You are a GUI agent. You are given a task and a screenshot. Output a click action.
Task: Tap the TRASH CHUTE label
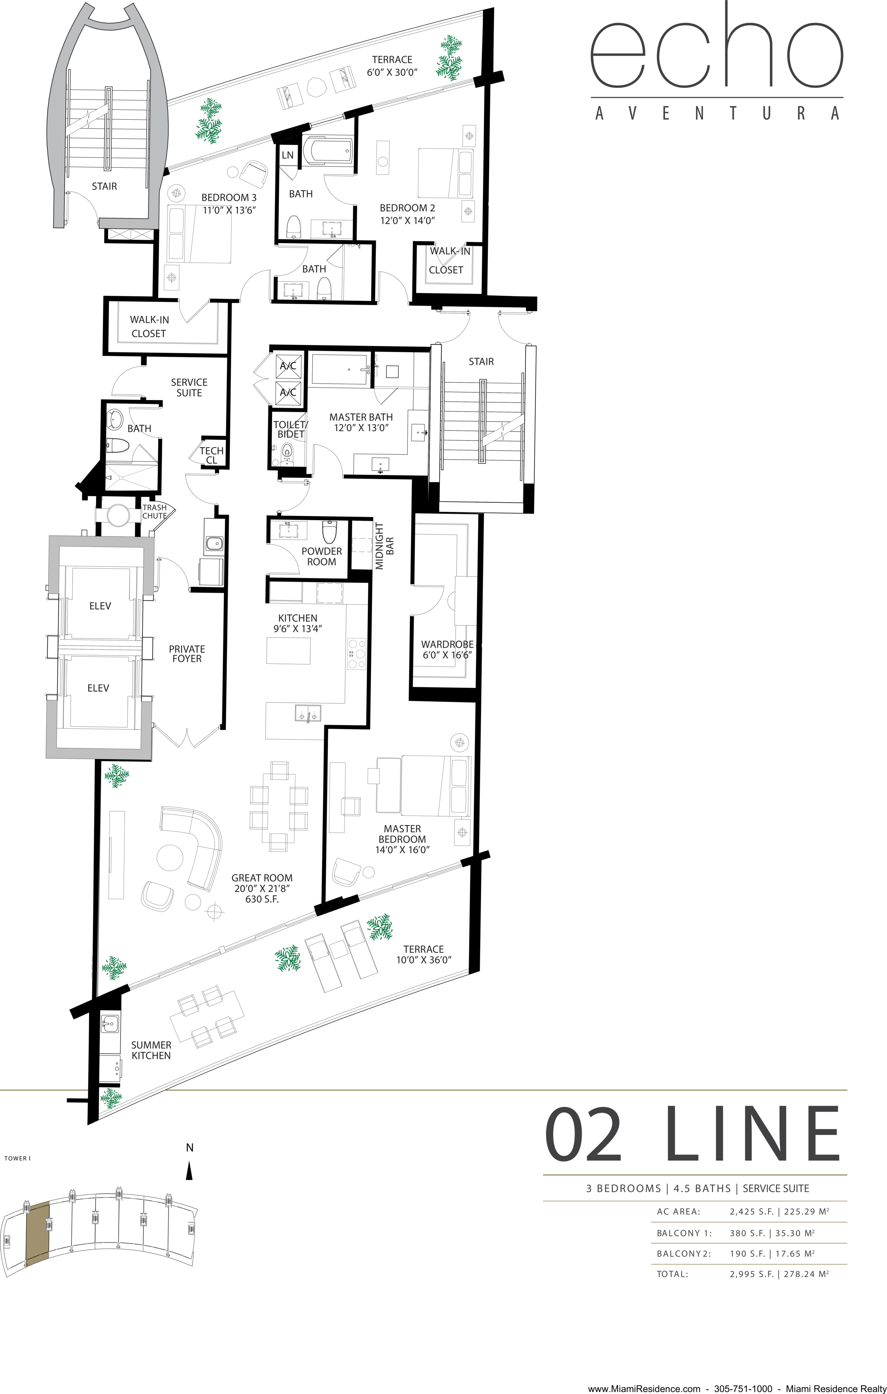click(155, 512)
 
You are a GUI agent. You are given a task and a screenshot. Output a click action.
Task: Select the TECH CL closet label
click(211, 455)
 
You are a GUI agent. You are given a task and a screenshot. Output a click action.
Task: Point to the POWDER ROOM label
click(322, 556)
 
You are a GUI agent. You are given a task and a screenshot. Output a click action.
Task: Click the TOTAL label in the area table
click(672, 1274)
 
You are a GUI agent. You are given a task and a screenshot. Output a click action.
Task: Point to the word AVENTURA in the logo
click(717, 113)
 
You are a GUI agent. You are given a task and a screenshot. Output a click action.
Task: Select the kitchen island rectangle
click(288, 650)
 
